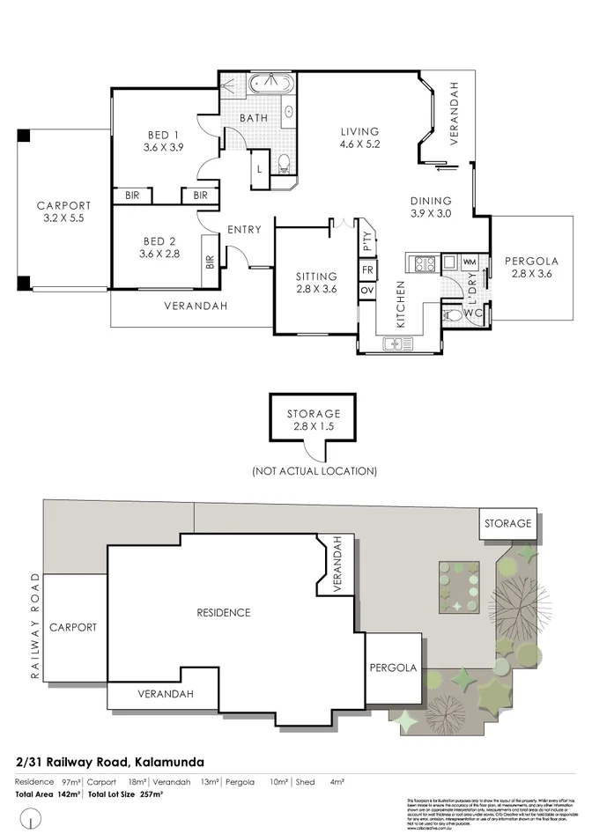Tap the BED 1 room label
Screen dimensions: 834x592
tap(163, 141)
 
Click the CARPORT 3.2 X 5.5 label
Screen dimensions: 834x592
tap(63, 211)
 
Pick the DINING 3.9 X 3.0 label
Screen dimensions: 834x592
tap(431, 207)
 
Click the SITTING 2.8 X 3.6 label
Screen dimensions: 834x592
tap(315, 283)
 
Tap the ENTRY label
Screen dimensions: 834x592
tap(244, 230)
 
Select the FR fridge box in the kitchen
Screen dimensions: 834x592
tap(367, 269)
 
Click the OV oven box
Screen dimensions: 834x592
tap(367, 291)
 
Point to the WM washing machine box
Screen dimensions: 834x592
tap(469, 262)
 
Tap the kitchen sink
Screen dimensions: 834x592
tap(398, 343)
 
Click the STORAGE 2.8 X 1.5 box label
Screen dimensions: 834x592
tap(313, 420)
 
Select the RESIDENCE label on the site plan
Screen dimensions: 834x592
tap(224, 613)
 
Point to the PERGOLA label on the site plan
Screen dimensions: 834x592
tap(393, 668)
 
